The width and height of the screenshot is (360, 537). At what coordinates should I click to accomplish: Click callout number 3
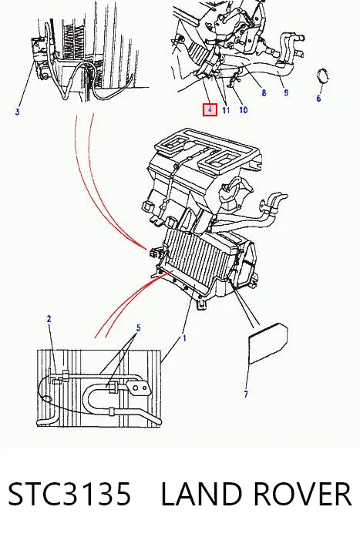pyautogui.click(x=18, y=111)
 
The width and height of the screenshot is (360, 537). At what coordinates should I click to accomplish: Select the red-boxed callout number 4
pyautogui.click(x=210, y=110)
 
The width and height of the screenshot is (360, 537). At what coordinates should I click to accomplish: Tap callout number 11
pyautogui.click(x=226, y=110)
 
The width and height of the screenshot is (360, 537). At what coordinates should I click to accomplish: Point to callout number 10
pyautogui.click(x=243, y=109)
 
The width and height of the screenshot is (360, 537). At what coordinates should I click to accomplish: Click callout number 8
pyautogui.click(x=264, y=92)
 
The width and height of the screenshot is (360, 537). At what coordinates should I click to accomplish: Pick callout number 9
pyautogui.click(x=286, y=92)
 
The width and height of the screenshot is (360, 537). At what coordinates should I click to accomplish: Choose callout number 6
pyautogui.click(x=318, y=99)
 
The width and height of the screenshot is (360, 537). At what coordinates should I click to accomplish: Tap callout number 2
pyautogui.click(x=49, y=319)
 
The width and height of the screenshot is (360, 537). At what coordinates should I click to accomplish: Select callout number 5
pyautogui.click(x=139, y=327)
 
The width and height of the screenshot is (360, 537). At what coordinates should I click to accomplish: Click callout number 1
pyautogui.click(x=184, y=338)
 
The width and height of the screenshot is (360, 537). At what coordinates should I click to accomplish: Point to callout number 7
pyautogui.click(x=246, y=394)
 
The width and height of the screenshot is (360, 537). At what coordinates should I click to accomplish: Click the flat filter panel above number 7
pyautogui.click(x=267, y=344)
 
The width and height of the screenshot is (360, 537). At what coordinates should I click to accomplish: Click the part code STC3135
pyautogui.click(x=69, y=494)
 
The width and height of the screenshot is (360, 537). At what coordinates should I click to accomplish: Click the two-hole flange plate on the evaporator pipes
pyautogui.click(x=139, y=389)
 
